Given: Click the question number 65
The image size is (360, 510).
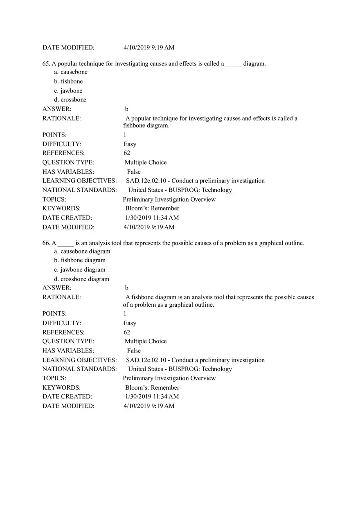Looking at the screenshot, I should tap(46, 64).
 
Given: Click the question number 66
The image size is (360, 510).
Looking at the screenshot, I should tap(46, 243).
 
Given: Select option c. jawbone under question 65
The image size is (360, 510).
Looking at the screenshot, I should tap(68, 91).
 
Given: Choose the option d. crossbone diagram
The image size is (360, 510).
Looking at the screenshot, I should tap(82, 279).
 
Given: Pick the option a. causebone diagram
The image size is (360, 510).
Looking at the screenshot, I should tap(82, 252).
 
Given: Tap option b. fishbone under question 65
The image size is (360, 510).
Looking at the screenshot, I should tap(68, 81).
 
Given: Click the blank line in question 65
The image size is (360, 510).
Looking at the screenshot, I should tap(234, 65).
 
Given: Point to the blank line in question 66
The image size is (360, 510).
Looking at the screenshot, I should tap(65, 244).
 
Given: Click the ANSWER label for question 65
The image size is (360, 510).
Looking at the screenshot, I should tap(57, 109).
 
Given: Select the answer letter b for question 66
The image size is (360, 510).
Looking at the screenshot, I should tap(127, 288).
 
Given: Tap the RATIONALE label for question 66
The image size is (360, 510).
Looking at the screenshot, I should tap(62, 297).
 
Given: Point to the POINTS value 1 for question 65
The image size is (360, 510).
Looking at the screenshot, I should tap(125, 135).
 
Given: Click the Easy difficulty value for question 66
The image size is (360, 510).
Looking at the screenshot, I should tap(130, 323).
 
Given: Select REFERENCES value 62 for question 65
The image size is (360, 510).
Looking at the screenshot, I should tap(127, 153).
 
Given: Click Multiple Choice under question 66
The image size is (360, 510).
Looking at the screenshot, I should tap(146, 341).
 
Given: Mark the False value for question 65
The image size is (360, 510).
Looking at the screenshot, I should tap(134, 172).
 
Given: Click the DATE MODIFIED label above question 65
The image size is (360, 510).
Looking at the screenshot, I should tap(68, 47).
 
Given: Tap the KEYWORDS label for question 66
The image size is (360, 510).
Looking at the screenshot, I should tap(61, 387).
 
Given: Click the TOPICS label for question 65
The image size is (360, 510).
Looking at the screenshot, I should tap(54, 200).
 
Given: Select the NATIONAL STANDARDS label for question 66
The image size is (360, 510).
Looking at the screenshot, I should tap(80, 369).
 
